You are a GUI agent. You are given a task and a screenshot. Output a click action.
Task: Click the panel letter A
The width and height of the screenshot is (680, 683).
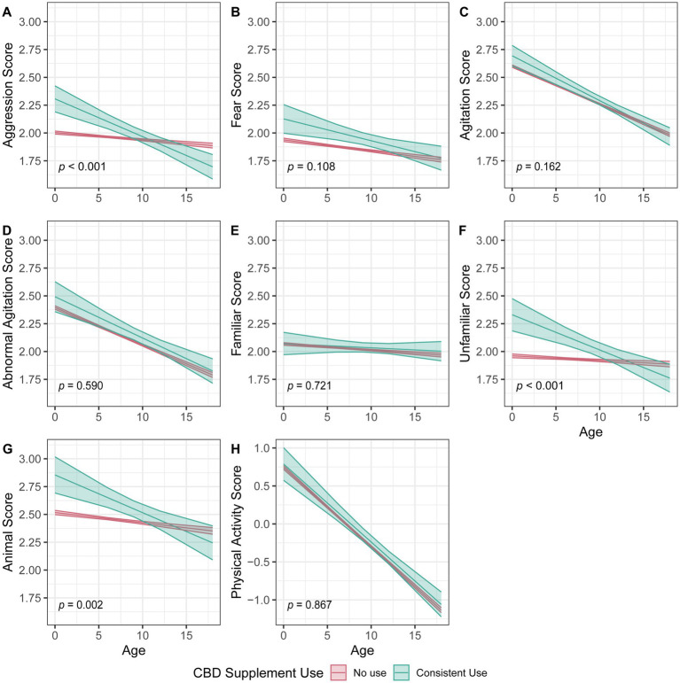7,12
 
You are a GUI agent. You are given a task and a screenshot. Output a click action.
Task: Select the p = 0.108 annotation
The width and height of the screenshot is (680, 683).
309,166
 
